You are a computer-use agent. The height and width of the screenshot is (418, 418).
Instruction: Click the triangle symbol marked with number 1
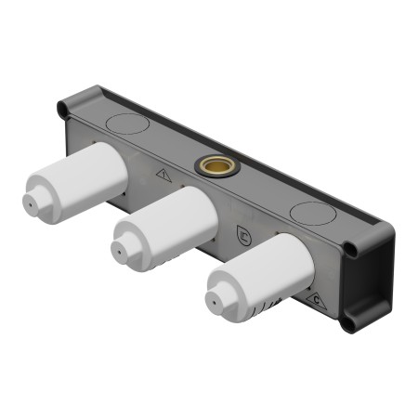(x=164, y=173)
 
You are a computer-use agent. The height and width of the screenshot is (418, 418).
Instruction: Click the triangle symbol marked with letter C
(x=318, y=299)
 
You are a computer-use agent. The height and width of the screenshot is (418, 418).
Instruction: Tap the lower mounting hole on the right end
(x=346, y=324)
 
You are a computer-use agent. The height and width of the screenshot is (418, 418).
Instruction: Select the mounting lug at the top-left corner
(x=62, y=111)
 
